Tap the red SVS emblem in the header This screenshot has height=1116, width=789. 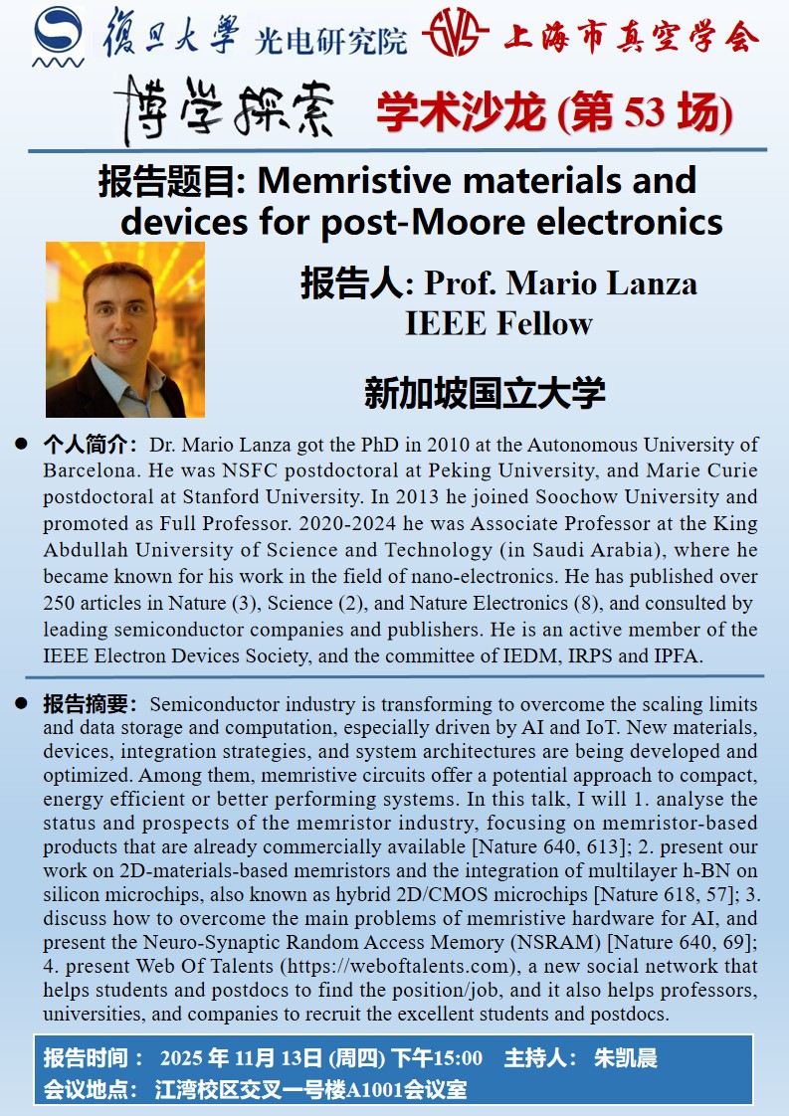click(455, 37)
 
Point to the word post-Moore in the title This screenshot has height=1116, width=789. click(417, 221)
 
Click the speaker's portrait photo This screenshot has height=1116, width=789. click(125, 329)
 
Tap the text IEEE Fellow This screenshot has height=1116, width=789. click(498, 322)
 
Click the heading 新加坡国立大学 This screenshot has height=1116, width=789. click(485, 394)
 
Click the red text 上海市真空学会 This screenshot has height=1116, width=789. click(631, 37)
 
